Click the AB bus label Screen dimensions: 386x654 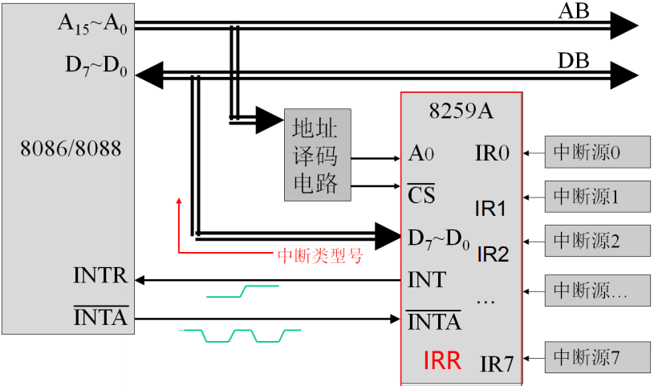tap(574, 10)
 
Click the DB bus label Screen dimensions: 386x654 tap(574, 61)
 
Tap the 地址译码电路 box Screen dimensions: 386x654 tap(317, 154)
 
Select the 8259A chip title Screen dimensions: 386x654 tap(461, 111)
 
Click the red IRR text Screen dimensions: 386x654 tap(442, 360)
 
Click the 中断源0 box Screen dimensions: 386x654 tap(597, 152)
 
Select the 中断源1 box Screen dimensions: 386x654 tap(597, 195)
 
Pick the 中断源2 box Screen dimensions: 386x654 tap(597, 239)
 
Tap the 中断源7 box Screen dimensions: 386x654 tap(597, 356)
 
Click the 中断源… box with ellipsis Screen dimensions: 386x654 tap(597, 291)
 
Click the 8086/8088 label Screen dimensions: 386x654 tap(66, 150)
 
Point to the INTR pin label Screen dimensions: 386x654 tap(100, 278)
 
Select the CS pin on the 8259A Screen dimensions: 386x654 tap(421, 194)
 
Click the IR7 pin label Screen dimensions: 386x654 tap(497, 363)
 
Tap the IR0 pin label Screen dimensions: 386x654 tap(492, 152)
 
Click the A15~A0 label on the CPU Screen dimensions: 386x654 tap(92, 22)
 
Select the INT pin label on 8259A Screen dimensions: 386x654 tap(427, 280)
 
